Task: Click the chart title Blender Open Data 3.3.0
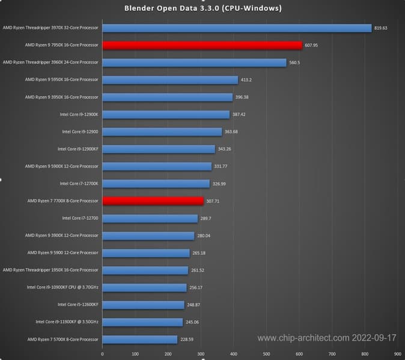[x=202, y=8]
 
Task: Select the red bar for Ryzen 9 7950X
[x=202, y=45]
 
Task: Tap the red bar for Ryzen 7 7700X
[x=153, y=201]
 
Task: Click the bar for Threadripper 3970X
[x=237, y=28]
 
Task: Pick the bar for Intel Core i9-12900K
[x=166, y=114]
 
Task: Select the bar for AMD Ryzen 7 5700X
[x=139, y=340]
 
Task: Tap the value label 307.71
[x=213, y=201]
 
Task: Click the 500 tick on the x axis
[x=266, y=355]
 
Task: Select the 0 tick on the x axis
[x=102, y=355]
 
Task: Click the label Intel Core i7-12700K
[x=79, y=183]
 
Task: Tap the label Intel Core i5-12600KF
[x=78, y=305]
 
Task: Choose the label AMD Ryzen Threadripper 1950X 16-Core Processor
[x=50, y=270]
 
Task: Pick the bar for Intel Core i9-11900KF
[x=142, y=322]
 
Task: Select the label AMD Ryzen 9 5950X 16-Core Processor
[x=61, y=79]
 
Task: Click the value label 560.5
[x=296, y=62]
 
